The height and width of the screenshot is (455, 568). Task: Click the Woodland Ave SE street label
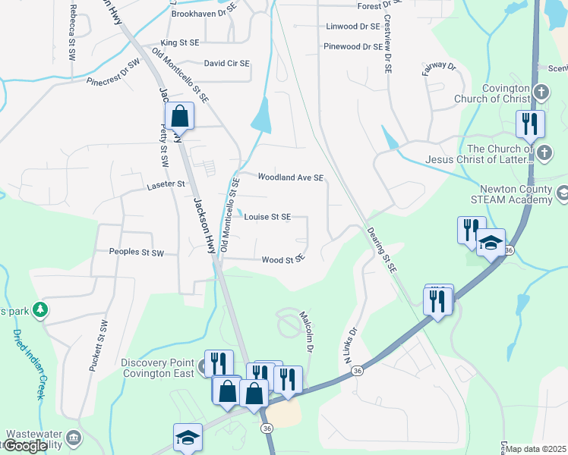pyautogui.click(x=291, y=177)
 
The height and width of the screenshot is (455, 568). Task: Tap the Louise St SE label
pyautogui.click(x=267, y=217)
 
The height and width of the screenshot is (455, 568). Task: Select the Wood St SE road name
pyautogui.click(x=283, y=260)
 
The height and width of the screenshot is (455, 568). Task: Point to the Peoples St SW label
pyautogui.click(x=137, y=252)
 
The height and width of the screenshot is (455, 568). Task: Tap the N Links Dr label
pyautogui.click(x=352, y=347)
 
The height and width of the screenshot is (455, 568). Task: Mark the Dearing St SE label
pyautogui.click(x=382, y=249)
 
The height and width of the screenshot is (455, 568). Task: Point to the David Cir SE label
pyautogui.click(x=226, y=64)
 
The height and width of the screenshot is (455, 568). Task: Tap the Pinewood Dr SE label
pyautogui.click(x=352, y=47)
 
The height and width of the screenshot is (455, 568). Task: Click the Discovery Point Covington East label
pyautogui.click(x=160, y=368)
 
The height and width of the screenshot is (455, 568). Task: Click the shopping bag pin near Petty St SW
pyautogui.click(x=180, y=117)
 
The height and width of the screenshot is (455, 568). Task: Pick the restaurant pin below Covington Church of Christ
pyautogui.click(x=529, y=124)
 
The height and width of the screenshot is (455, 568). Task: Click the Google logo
pyautogui.click(x=26, y=446)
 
